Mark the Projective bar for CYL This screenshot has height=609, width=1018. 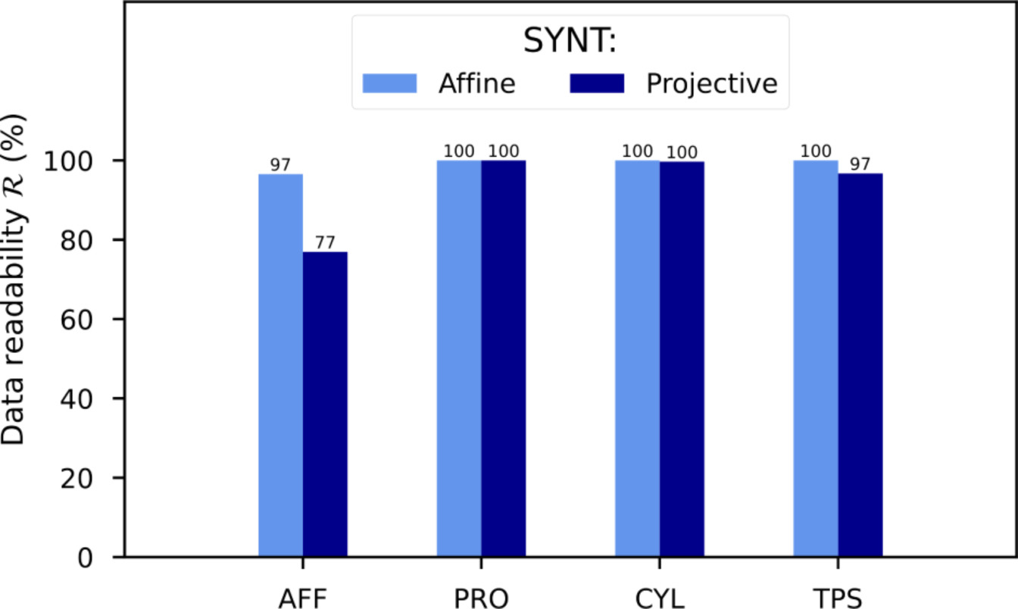[682, 359]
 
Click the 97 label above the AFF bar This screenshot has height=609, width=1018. [280, 165]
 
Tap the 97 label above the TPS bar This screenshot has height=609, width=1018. [860, 164]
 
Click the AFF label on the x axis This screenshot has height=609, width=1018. [302, 598]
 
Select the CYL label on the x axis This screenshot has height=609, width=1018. [659, 598]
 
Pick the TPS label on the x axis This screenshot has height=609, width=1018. [838, 598]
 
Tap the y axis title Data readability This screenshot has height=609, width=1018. [17, 280]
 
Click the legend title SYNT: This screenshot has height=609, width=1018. [570, 42]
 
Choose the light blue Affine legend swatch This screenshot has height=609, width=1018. [390, 83]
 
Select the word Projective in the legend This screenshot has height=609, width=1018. [711, 83]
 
